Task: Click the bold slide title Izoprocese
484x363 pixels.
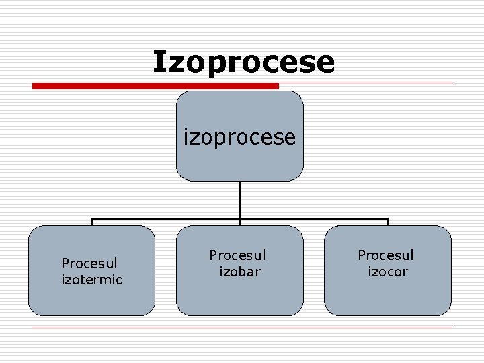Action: pos(243,62)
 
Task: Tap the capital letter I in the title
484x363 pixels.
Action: pos(159,61)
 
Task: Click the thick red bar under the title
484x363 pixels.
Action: pos(155,86)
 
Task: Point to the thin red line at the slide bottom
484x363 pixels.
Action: pos(242,327)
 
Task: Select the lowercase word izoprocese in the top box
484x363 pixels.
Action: pos(240,137)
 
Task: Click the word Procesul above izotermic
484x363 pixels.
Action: pos(89,264)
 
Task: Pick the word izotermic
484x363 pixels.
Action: pos(91,279)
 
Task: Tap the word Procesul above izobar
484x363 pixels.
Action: pos(237,255)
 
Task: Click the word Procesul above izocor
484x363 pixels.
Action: pos(386,255)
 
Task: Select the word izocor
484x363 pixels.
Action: pos(388,271)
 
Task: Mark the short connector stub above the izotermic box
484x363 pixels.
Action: pos(92,223)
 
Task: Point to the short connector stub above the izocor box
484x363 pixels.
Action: pos(388,223)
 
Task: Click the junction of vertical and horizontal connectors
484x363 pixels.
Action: pos(240,219)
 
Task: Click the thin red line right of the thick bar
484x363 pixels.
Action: pos(366,83)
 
